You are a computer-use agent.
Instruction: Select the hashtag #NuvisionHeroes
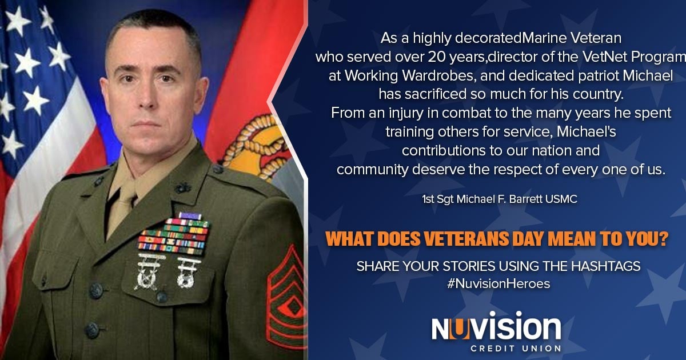pyautogui.click(x=498, y=284)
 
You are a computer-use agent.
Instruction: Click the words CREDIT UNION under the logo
pyautogui.click(x=516, y=349)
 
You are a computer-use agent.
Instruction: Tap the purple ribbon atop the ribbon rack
pyautogui.click(x=190, y=215)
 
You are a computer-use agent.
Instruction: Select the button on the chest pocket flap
pyautogui.click(x=161, y=297)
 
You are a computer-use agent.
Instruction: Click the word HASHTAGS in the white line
pyautogui.click(x=606, y=266)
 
